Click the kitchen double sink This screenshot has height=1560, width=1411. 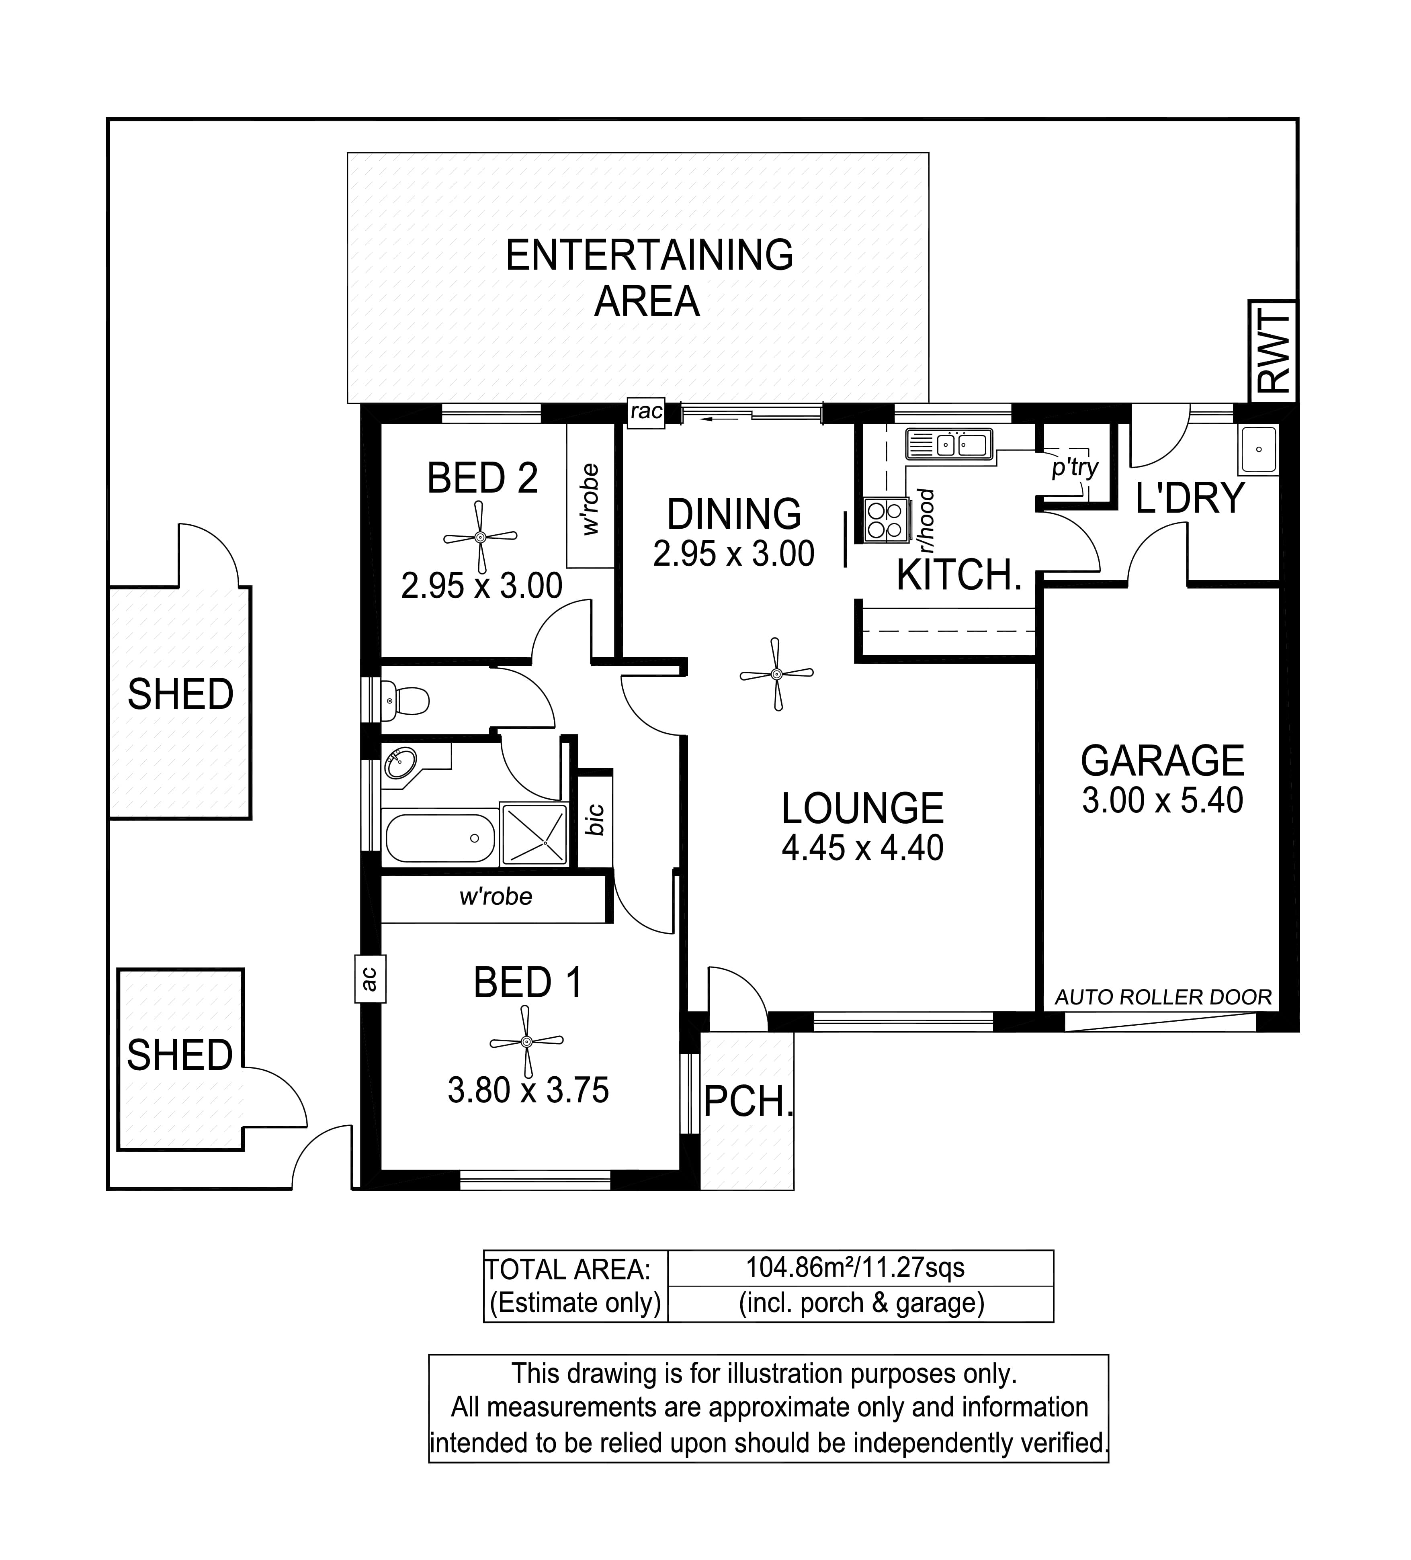point(949,444)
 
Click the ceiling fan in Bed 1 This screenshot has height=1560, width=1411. point(526,1042)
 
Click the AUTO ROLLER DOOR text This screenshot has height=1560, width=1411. point(1163,998)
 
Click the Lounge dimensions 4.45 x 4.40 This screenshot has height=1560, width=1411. point(862,848)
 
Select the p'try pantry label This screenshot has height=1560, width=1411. point(1075,467)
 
